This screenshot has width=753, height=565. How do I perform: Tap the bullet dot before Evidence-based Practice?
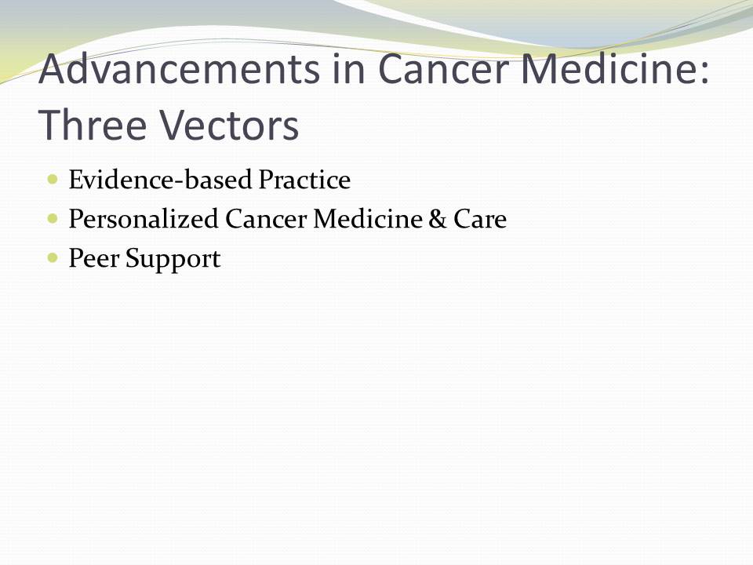pyautogui.click(x=53, y=180)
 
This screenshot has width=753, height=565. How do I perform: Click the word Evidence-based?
pyautogui.click(x=160, y=180)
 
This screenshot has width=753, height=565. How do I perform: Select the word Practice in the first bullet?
pyautogui.click(x=304, y=180)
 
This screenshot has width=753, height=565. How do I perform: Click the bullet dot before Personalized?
pyautogui.click(x=53, y=219)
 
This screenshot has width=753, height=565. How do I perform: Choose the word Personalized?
pyautogui.click(x=144, y=219)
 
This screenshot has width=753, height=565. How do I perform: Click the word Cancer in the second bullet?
pyautogui.click(x=266, y=219)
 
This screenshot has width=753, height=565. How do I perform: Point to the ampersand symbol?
pyautogui.click(x=438, y=219)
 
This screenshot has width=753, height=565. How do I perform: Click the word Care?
pyautogui.click(x=480, y=219)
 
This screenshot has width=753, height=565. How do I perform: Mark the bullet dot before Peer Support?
pyautogui.click(x=53, y=258)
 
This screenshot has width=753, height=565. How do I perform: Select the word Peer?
pyautogui.click(x=94, y=258)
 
